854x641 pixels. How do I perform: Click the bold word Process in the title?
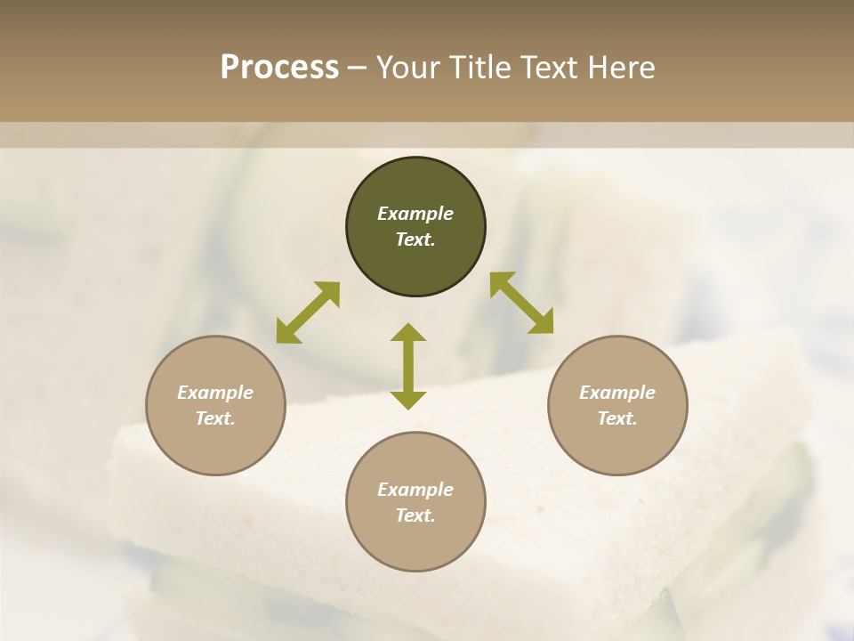coord(279,68)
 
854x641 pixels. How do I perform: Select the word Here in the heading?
coord(620,68)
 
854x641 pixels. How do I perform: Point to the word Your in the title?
coord(409,68)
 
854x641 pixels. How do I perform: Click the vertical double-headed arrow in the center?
coord(408,366)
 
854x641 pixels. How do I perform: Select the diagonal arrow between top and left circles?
coord(308,312)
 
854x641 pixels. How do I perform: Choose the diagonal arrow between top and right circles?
coord(521,303)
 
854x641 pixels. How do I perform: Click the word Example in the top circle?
coord(415,214)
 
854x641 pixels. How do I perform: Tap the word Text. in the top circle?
coord(415,239)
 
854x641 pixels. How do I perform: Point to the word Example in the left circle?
coord(215,393)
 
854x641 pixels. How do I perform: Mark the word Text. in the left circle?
coord(215,418)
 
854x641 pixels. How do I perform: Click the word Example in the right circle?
coord(617,393)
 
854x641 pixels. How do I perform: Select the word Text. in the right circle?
coord(617,418)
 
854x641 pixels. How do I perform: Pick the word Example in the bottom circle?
coord(415,490)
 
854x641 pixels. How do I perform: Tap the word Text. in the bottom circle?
coord(415,515)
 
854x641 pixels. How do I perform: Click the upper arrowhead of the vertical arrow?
coord(408,332)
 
